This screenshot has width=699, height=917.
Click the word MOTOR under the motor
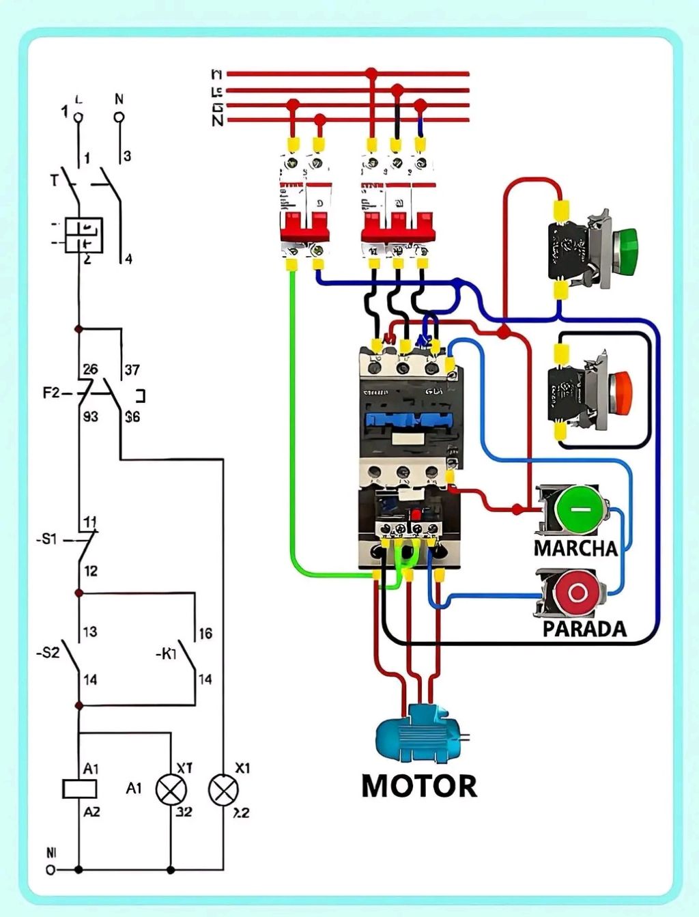coord(418,786)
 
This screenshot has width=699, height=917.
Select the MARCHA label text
coord(575,548)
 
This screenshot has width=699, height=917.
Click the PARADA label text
coord(584,629)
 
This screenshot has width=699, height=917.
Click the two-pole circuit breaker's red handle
coord(304,225)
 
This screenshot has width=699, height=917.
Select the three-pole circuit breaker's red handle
coord(397,225)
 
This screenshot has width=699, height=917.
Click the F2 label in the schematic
coord(52,393)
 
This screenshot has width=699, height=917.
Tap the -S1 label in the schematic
coord(46,539)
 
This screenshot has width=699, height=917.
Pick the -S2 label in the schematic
coord(48,653)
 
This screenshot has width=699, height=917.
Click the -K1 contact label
coord(166,654)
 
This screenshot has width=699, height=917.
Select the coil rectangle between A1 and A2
coord(79,789)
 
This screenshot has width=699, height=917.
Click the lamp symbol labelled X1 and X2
coord(223,790)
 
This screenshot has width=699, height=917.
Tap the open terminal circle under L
coord(79,117)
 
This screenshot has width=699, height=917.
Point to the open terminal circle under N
coord(119,117)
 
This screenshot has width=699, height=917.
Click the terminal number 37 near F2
coord(132,370)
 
